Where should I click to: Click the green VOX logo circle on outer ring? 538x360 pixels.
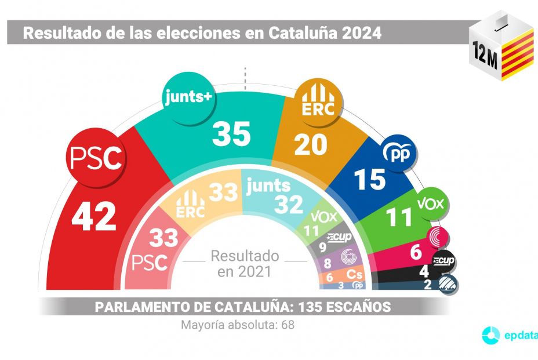pyautogui.click(x=433, y=204)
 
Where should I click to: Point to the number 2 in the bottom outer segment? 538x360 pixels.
pyautogui.click(x=427, y=285)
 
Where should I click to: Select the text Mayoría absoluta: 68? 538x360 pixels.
pyautogui.click(x=238, y=325)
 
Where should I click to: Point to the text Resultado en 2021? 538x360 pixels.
pyautogui.click(x=244, y=263)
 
